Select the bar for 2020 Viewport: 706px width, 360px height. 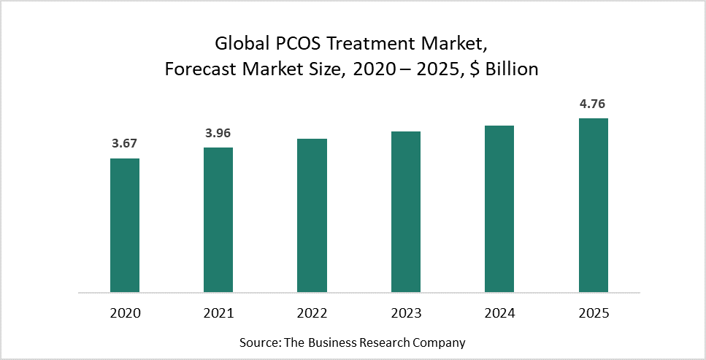coord(125,225)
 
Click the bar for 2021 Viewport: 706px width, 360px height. coord(218,220)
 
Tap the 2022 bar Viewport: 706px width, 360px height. coord(312,215)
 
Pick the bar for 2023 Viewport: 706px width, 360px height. coord(406,212)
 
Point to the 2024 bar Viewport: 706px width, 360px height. coord(499,209)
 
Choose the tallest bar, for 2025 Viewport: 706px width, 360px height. coord(594,205)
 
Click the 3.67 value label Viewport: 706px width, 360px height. coord(125,144)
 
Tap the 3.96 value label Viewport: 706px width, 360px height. coord(218,133)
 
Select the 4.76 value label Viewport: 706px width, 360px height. coord(594,104)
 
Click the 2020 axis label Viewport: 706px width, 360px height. coord(125,314)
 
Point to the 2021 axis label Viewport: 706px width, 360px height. coord(218,314)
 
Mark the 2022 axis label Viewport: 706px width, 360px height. coord(312,314)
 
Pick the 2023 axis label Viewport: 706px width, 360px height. coord(406,314)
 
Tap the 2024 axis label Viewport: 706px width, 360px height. coord(499,314)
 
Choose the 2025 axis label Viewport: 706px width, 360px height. coord(594,314)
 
